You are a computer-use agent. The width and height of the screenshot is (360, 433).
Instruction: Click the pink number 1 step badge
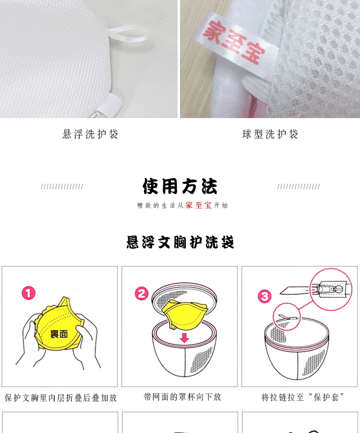pyautogui.click(x=29, y=293)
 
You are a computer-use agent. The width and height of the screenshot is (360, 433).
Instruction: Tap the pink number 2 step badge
pyautogui.click(x=141, y=293)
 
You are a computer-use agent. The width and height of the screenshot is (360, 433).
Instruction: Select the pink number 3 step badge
pyautogui.click(x=264, y=296)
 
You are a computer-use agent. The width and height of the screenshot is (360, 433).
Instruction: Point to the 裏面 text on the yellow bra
pyautogui.click(x=59, y=334)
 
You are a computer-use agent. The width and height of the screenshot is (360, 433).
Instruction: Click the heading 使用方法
pyautogui.click(x=180, y=186)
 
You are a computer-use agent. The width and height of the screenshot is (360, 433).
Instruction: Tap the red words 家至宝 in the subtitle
pyautogui.click(x=199, y=205)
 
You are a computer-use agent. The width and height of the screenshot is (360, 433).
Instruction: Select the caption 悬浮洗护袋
pyautogui.click(x=90, y=134)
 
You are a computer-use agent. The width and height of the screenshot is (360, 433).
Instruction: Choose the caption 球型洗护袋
pyautogui.click(x=270, y=134)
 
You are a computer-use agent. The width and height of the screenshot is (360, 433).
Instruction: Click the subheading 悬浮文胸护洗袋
pyautogui.click(x=180, y=242)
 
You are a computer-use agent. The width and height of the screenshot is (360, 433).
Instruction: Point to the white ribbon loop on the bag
pyautogui.click(x=129, y=35)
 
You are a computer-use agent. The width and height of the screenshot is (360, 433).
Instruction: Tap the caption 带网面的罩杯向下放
pyautogui.click(x=182, y=397)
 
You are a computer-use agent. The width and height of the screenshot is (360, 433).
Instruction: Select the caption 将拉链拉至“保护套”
pyautogui.click(x=302, y=397)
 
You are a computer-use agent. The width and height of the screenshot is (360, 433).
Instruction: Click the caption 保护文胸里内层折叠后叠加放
pyautogui.click(x=61, y=397)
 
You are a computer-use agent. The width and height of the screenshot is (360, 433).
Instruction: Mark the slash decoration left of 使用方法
pyautogui.click(x=62, y=187)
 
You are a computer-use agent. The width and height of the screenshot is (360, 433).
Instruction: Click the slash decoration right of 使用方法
pyautogui.click(x=299, y=187)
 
